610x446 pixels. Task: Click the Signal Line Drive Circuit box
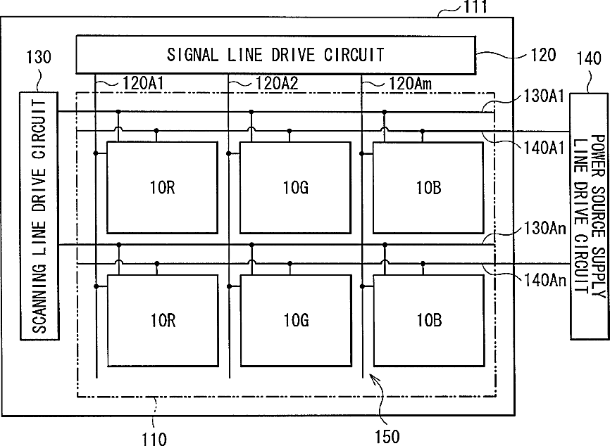[x=275, y=53]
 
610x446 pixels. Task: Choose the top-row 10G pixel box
[x=295, y=177]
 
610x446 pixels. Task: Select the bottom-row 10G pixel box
[x=295, y=320]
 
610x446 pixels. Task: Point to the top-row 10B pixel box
[x=428, y=177]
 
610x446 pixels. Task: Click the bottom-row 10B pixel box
[x=428, y=320]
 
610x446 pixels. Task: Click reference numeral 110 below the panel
[x=154, y=439]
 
